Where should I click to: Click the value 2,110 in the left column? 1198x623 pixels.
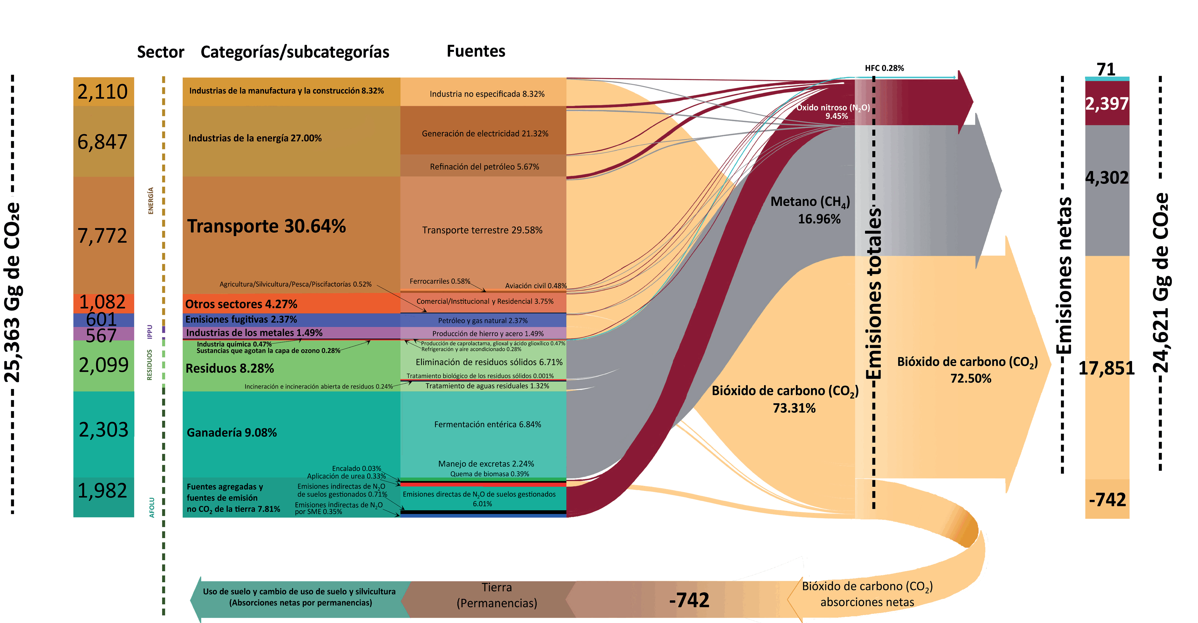point(102,92)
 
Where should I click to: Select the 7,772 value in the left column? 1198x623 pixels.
point(102,236)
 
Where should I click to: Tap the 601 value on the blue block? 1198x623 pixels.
point(101,319)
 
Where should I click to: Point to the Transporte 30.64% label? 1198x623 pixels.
point(266,226)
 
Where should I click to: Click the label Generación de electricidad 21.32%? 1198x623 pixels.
point(485,134)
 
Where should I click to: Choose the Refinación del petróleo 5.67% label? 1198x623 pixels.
point(484,167)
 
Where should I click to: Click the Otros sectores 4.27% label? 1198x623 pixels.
point(241,304)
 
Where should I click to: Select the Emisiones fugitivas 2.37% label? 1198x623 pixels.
point(241,320)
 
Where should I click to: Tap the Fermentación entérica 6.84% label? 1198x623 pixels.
point(487,424)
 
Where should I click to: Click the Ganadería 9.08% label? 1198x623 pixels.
point(232,433)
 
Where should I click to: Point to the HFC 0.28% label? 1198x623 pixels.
point(884,68)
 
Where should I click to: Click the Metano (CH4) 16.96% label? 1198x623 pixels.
point(810,210)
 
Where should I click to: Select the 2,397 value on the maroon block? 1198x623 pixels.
point(1107,103)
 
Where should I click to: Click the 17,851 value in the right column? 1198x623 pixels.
point(1107,368)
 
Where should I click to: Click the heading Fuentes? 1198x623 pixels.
point(476,51)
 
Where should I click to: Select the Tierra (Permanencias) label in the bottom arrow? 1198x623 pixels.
point(497,595)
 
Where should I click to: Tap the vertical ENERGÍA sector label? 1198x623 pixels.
point(151,201)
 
